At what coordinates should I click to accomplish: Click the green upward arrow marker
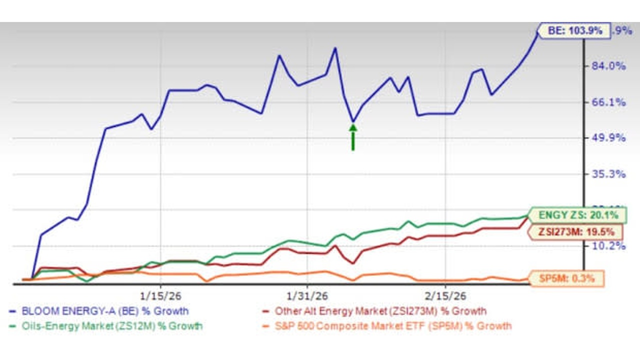[x=353, y=137]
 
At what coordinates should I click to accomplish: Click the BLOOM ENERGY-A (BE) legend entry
[x=105, y=311]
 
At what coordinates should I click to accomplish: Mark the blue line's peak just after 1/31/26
[x=335, y=48]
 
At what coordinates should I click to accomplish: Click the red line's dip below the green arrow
[x=353, y=263]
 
